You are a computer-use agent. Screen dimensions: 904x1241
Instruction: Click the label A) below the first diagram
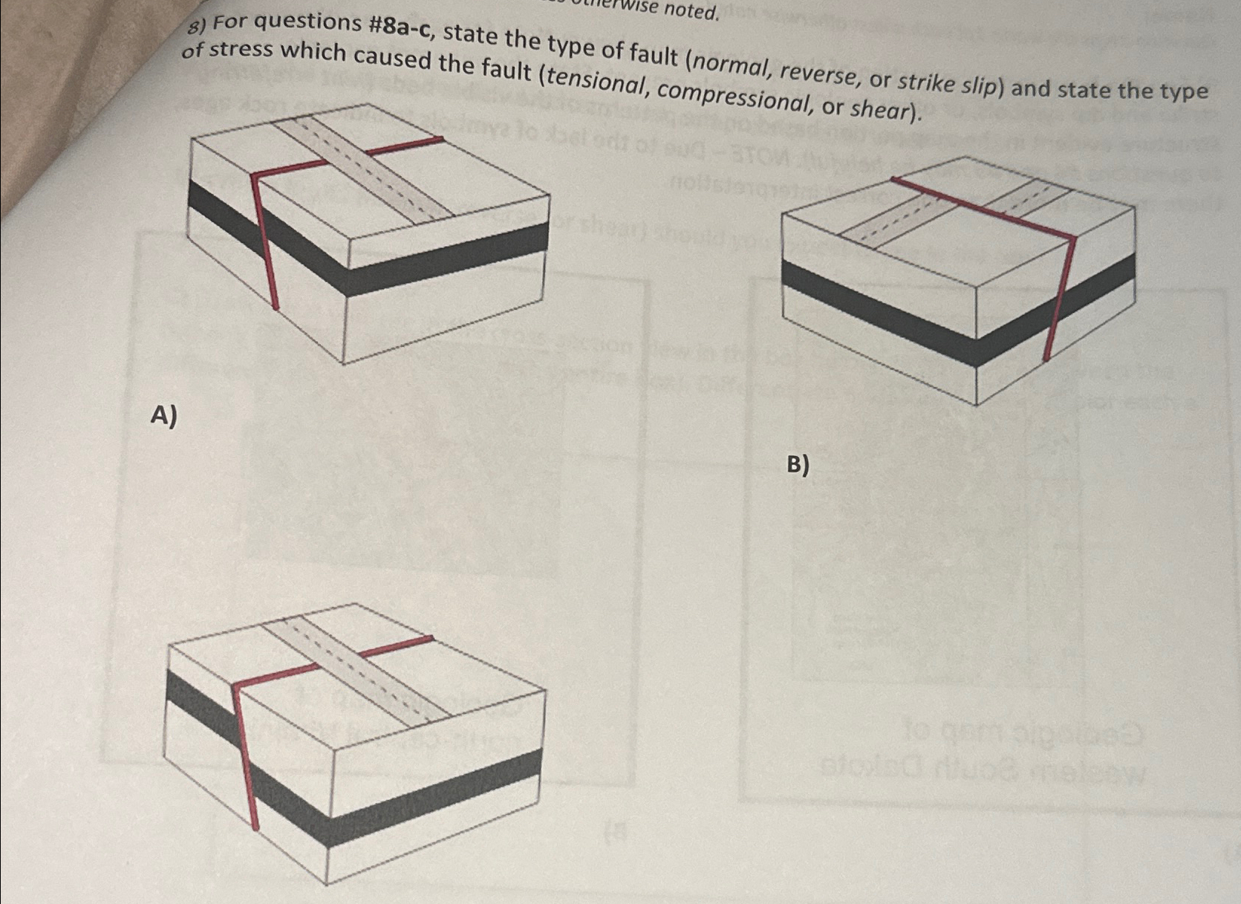163,415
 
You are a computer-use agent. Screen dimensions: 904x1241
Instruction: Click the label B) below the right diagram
797,465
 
